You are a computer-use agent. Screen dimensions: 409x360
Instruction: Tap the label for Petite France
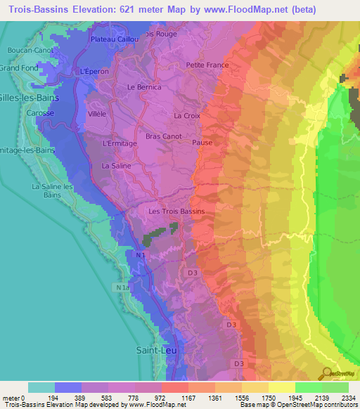204,65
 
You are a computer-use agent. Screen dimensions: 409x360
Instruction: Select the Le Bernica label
144,87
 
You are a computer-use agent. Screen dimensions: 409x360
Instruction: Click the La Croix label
186,115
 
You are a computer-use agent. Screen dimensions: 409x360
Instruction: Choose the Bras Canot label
163,136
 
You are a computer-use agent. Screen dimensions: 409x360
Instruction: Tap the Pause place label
202,142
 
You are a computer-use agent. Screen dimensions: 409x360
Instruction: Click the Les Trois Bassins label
176,211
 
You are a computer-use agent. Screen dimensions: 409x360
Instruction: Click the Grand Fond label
17,68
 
